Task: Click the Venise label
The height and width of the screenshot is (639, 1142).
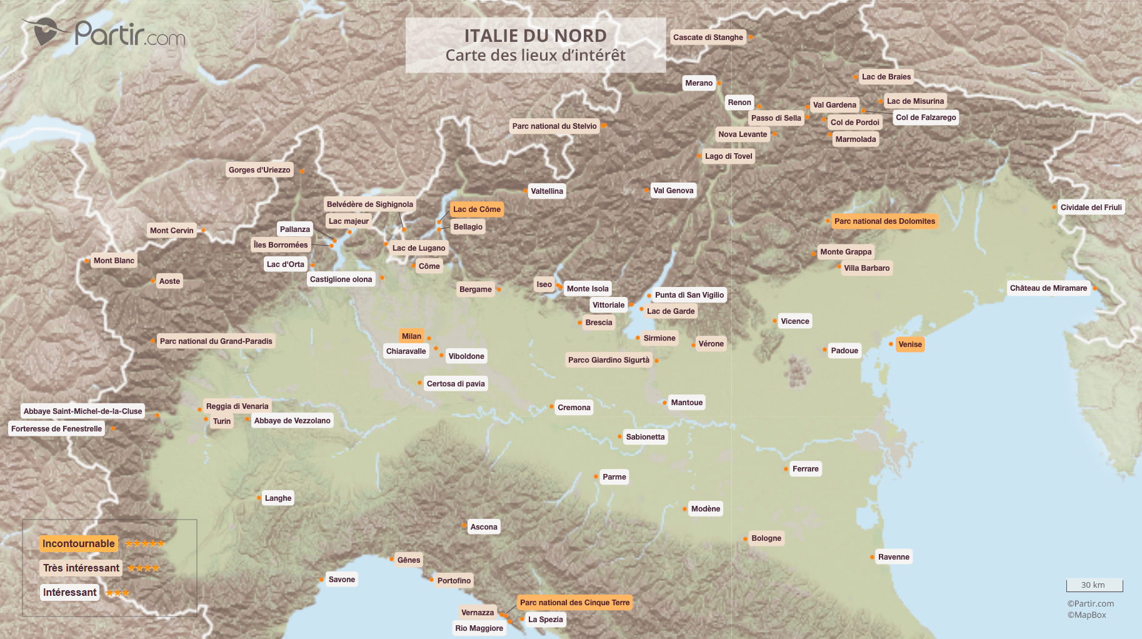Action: (x=909, y=345)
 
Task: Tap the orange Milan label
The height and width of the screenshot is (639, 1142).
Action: (x=411, y=336)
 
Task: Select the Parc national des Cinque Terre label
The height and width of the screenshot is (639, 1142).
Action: (x=574, y=603)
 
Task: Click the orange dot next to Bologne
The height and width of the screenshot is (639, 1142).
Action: (x=746, y=538)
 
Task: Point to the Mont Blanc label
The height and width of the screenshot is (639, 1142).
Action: (x=114, y=261)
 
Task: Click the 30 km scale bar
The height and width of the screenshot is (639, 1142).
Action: (x=1094, y=585)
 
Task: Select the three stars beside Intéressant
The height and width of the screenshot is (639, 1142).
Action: (x=118, y=593)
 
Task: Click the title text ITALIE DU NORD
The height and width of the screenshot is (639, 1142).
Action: (x=535, y=36)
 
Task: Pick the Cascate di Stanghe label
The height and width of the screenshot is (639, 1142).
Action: (x=708, y=38)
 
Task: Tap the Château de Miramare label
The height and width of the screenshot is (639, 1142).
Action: (x=1048, y=288)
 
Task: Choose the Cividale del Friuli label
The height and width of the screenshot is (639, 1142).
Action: (x=1091, y=208)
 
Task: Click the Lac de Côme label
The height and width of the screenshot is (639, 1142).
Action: (x=476, y=209)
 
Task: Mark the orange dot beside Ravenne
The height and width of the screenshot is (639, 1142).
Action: (x=872, y=557)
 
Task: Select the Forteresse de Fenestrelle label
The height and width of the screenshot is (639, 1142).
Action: (x=56, y=429)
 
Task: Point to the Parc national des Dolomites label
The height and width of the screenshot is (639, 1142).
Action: (x=884, y=221)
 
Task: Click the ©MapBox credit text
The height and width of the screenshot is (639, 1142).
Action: (x=1086, y=615)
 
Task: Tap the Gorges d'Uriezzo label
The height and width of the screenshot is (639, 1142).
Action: (x=259, y=170)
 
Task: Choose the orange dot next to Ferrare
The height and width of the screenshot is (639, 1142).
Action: (x=786, y=469)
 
